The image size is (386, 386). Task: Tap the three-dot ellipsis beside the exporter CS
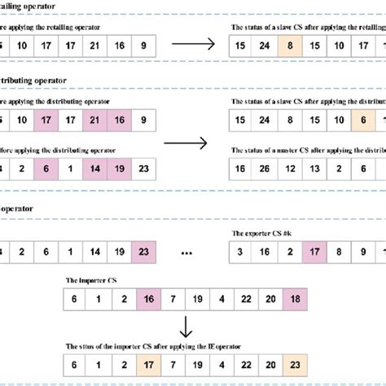coord(186,252)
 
